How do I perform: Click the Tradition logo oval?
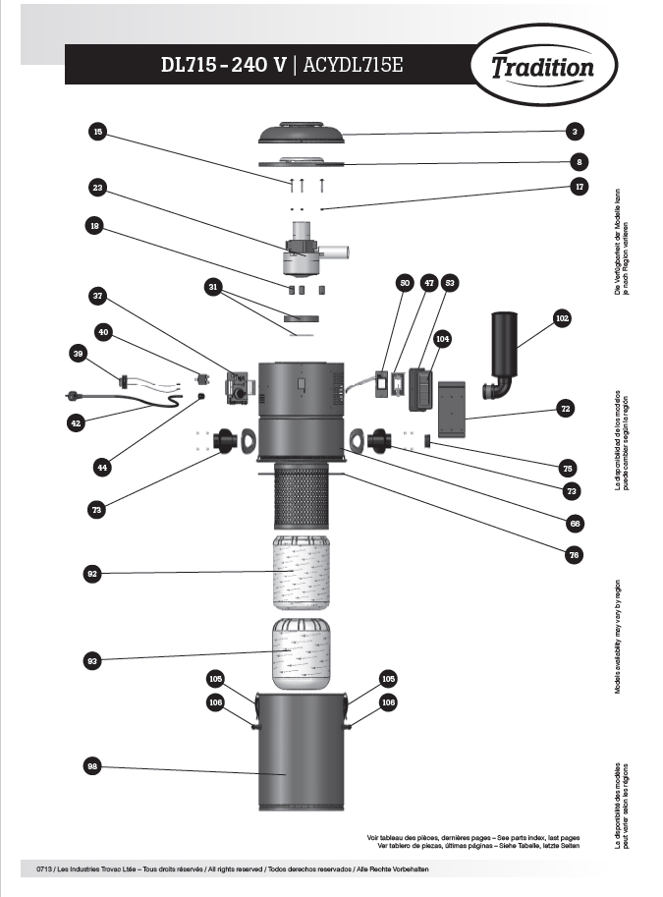point(543,67)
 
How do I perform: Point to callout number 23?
point(96,187)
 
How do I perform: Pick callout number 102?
point(561,318)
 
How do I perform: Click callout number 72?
point(566,406)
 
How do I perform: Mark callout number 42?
point(77,422)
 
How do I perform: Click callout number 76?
point(575,555)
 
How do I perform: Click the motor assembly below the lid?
point(304,251)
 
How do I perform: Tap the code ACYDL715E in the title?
point(353,66)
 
